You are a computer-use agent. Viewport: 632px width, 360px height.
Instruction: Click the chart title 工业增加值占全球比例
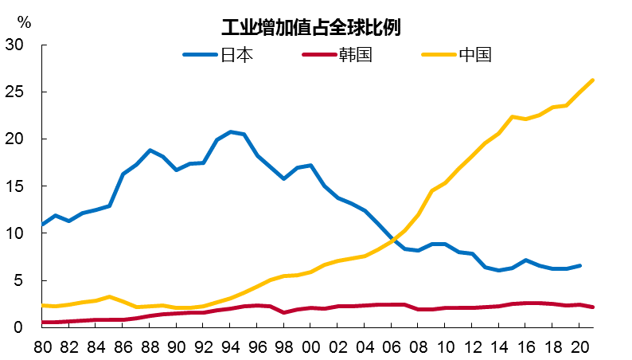click(310, 27)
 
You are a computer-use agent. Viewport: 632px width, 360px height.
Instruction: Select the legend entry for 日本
click(236, 55)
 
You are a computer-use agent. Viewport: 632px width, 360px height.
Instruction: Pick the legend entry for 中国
click(475, 55)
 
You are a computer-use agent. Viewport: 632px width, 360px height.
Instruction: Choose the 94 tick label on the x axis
click(230, 346)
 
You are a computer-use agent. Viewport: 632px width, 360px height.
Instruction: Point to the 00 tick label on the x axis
click(311, 346)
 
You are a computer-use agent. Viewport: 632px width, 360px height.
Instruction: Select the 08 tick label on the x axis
click(419, 346)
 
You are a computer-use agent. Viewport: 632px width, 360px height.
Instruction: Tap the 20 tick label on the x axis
click(580, 346)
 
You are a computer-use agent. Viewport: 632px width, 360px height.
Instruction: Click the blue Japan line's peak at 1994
click(230, 132)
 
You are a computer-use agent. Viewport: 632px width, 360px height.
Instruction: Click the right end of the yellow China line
click(593, 80)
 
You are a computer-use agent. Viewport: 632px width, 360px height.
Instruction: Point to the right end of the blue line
click(580, 265)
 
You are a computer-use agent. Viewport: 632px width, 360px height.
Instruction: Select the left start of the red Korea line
click(41, 322)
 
